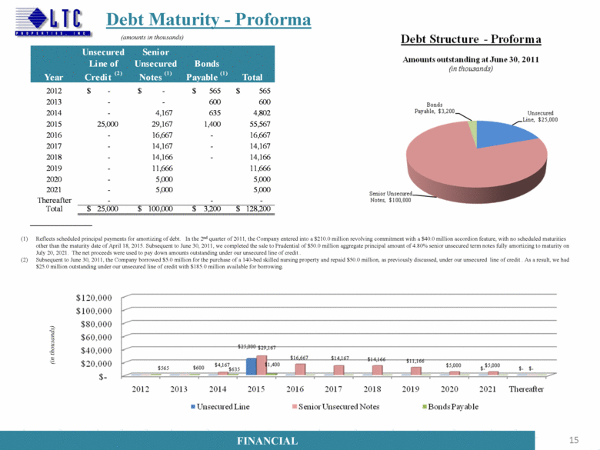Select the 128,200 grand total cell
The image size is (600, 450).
point(251,209)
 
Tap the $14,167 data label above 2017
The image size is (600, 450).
point(342,357)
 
